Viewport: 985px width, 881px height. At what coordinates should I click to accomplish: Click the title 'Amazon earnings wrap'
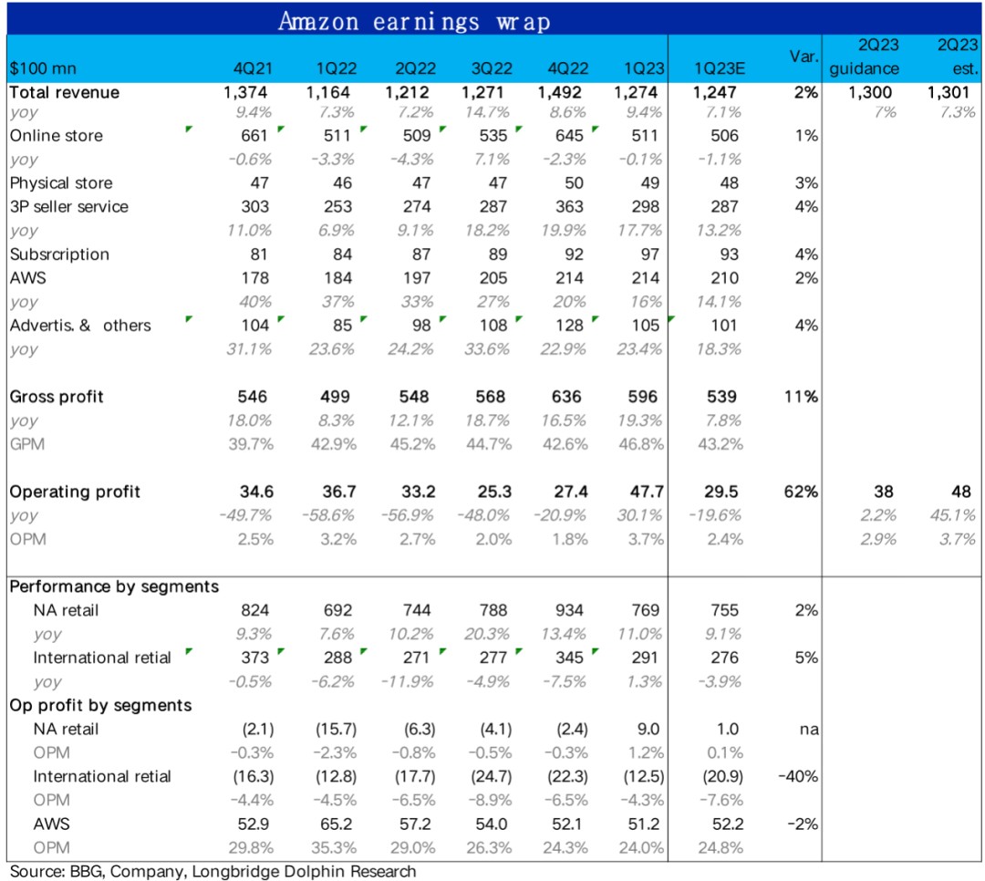click(x=414, y=20)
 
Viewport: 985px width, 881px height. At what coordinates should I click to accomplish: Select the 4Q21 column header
click(x=254, y=69)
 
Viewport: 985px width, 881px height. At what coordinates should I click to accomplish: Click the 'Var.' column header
click(x=804, y=57)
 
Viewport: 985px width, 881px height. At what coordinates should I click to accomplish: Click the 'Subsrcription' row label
click(x=59, y=254)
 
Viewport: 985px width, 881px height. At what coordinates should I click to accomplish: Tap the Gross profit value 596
click(x=645, y=397)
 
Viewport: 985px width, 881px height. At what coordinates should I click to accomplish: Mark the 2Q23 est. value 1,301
click(x=948, y=92)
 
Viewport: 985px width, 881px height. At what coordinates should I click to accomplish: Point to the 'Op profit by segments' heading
click(x=100, y=705)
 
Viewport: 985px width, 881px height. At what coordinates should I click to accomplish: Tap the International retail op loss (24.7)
click(x=491, y=776)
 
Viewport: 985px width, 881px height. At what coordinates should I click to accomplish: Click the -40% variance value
click(x=798, y=776)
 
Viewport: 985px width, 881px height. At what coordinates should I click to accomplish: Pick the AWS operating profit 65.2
click(x=333, y=824)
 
